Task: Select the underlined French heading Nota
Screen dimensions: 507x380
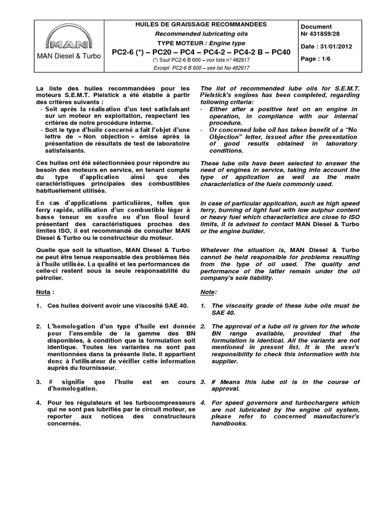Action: (44, 292)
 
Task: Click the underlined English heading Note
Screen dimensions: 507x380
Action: (208, 292)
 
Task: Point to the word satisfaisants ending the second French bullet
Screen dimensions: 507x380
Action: (65, 151)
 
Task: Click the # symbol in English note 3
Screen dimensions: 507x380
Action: (214, 382)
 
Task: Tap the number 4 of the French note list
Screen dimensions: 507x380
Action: (38, 403)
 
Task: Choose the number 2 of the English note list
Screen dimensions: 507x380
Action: (203, 327)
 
